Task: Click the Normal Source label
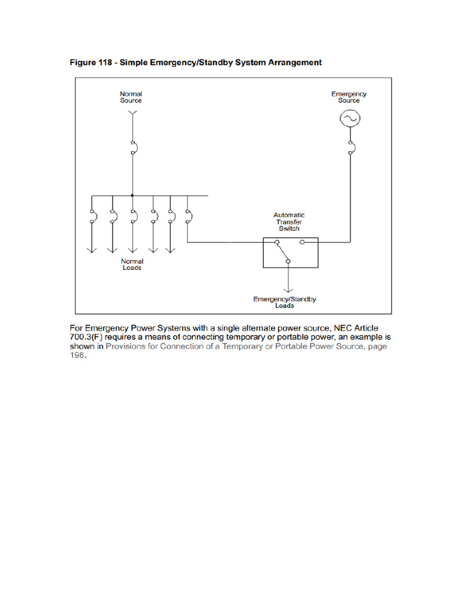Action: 131,97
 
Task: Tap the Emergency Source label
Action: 349,97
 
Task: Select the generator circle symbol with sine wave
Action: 349,120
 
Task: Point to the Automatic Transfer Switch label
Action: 289,222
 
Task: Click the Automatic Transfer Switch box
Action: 290,253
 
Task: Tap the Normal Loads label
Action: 132,264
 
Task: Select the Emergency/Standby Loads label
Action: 284,302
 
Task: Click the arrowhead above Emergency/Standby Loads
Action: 289,290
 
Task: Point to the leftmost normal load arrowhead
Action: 92,250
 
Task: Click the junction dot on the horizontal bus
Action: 132,195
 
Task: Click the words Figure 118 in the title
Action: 90,62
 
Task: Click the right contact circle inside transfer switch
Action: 302,242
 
